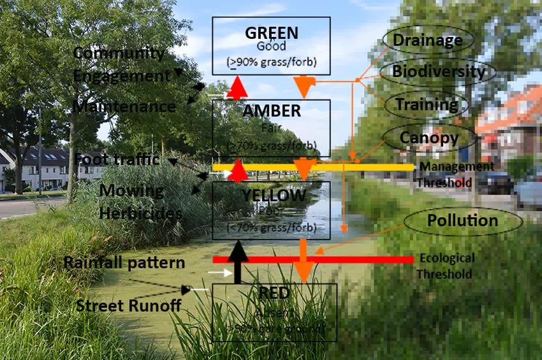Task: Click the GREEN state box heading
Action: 272,32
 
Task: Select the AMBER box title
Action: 272,111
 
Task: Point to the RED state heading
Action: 274,293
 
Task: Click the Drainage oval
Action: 427,40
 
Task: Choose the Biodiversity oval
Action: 438,71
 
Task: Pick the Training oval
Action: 426,104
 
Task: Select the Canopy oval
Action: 428,137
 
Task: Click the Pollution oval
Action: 462,221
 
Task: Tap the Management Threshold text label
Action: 455,175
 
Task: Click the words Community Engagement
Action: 121,64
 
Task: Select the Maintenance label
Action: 124,106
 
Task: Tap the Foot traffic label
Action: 117,159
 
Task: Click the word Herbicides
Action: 141,213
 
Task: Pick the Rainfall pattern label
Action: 124,263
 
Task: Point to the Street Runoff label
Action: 128,306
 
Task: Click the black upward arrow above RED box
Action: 238,261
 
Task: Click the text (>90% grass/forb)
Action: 272,62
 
